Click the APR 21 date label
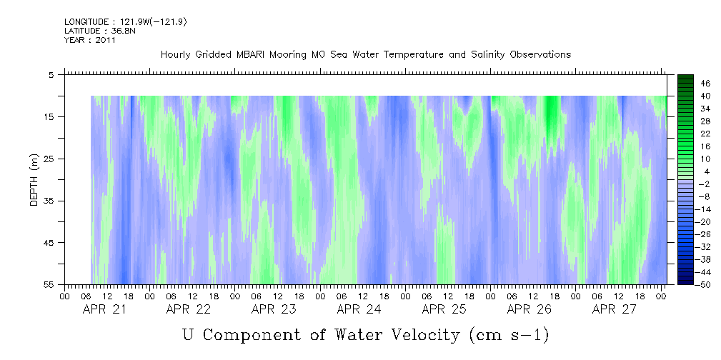click(104, 309)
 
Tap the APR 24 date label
click(359, 309)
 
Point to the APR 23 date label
click(274, 309)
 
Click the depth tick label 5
click(51, 75)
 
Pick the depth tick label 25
click(49, 159)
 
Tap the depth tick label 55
click(49, 285)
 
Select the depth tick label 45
click(49, 243)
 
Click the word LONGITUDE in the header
click(86, 22)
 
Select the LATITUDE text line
click(89, 31)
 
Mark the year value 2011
click(104, 40)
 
